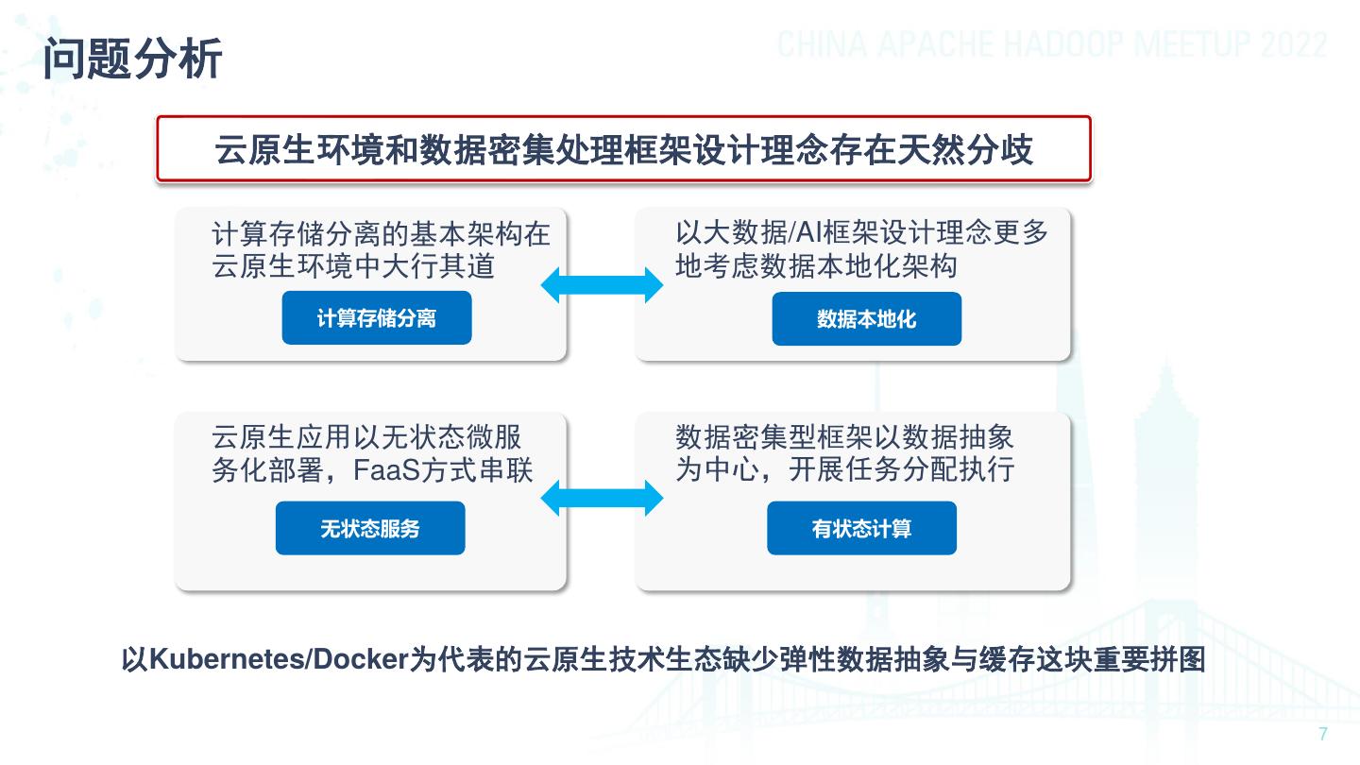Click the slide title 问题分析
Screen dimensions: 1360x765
(133, 59)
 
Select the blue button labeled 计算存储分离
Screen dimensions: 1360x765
(376, 318)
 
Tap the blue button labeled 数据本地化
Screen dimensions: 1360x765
(866, 319)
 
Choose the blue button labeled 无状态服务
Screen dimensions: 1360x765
(369, 528)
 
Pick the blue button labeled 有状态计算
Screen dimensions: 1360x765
(861, 528)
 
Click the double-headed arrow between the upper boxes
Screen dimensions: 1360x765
(602, 284)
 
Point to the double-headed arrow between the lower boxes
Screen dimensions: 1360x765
(602, 497)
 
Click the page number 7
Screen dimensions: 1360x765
(1322, 735)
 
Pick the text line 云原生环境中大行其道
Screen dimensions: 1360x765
(353, 266)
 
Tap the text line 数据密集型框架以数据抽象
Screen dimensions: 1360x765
(844, 437)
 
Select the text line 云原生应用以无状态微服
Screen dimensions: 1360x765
(366, 437)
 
